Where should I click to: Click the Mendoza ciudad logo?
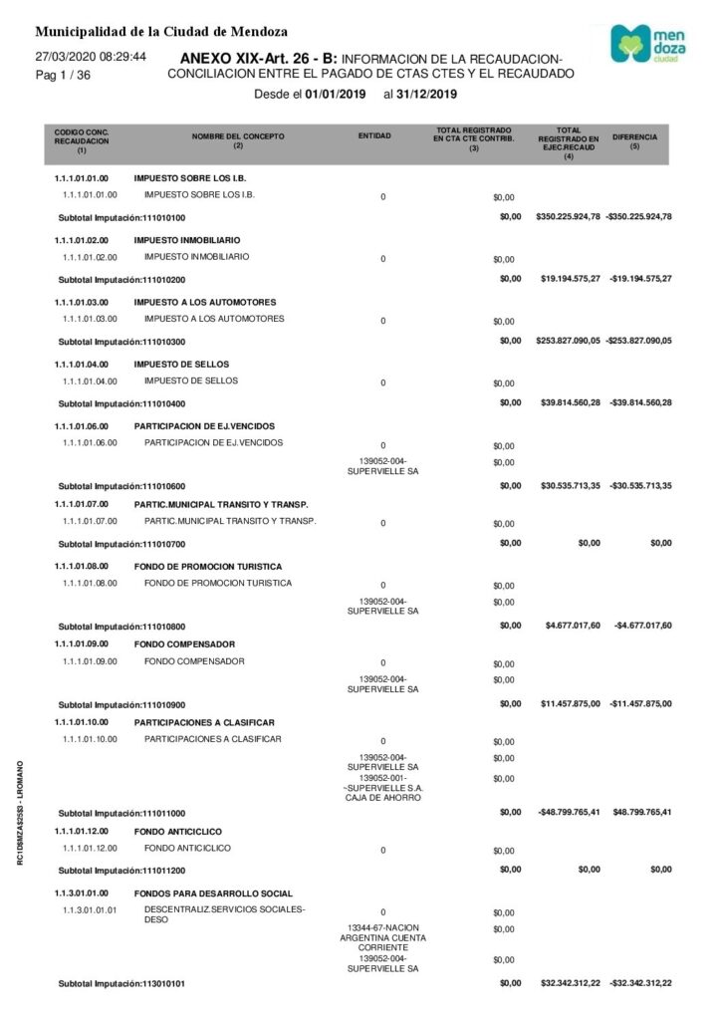pos(645,44)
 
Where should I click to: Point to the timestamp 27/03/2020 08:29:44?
pos(91,57)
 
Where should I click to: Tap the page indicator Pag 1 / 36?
pos(63,76)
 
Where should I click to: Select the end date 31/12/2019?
pos(427,95)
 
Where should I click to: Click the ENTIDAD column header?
pos(373,135)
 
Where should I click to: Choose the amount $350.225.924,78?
pos(568,216)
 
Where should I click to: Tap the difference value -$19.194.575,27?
pos(639,278)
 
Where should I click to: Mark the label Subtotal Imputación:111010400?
pos(122,403)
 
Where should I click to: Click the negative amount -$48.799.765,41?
pos(568,812)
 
